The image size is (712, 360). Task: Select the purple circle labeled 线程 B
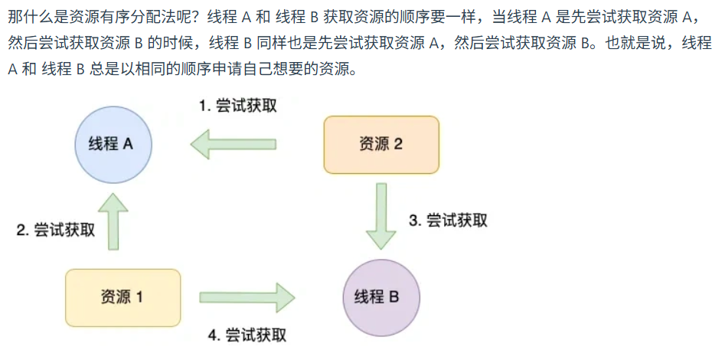pyautogui.click(x=377, y=296)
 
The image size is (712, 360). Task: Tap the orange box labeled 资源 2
pyautogui.click(x=380, y=145)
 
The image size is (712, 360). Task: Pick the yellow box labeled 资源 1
pyautogui.click(x=122, y=297)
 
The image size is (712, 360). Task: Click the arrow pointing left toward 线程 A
pyautogui.click(x=233, y=144)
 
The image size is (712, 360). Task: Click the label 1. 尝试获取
pyautogui.click(x=237, y=106)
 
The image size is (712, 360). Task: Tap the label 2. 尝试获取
pyautogui.click(x=56, y=230)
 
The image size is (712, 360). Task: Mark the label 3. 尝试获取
pyautogui.click(x=448, y=221)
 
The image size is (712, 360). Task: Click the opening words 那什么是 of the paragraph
pyautogui.click(x=30, y=18)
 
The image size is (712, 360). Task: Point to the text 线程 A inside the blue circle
pyautogui.click(x=111, y=144)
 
